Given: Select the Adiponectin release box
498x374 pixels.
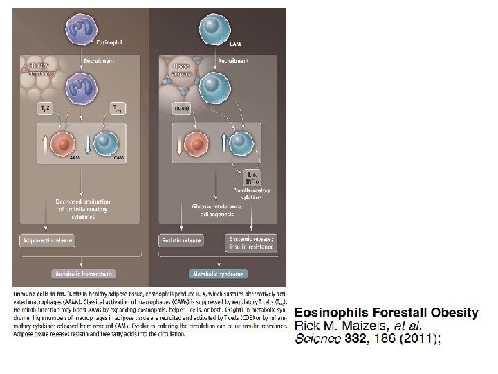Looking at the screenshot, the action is [46, 240].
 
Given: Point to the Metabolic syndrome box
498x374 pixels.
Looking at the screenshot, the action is [216, 274].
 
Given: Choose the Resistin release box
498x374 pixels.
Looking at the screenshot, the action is [182, 240].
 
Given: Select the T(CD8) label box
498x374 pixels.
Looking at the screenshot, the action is [183, 107].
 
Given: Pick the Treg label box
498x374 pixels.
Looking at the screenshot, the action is [119, 107].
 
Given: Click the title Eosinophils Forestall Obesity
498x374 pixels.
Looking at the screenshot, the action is [386, 312].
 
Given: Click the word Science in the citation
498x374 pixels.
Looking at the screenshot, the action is [317, 339].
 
